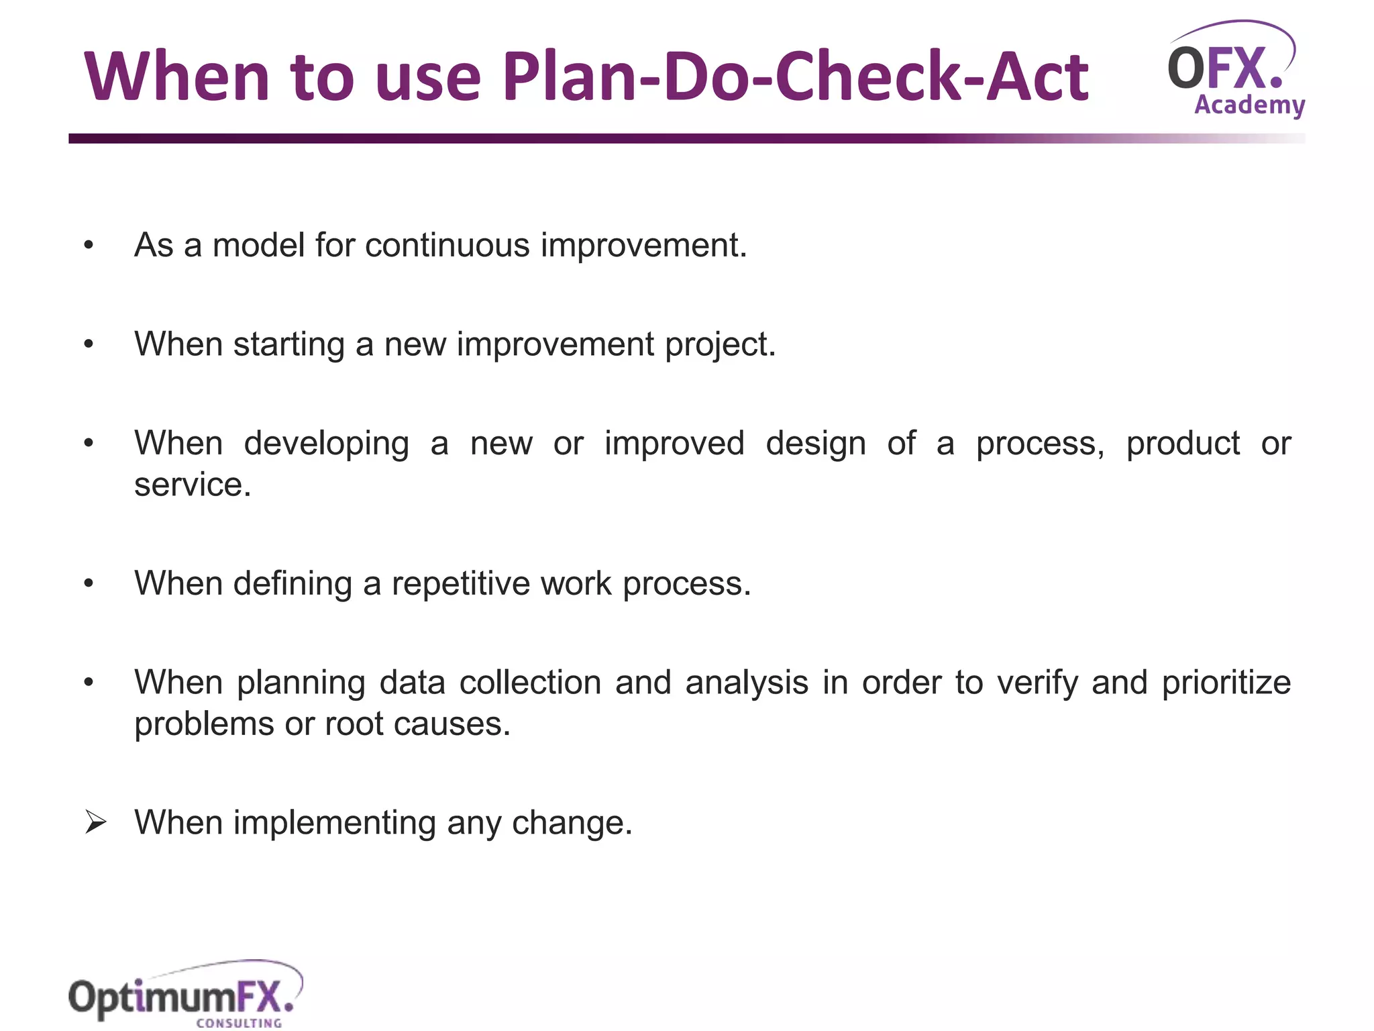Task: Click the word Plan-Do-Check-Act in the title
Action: (795, 77)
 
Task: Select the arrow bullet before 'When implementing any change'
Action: (95, 822)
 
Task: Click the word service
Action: (192, 485)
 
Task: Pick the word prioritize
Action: (1226, 683)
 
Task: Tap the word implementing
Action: (334, 823)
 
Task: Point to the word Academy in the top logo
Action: (1249, 105)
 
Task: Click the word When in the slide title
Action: (176, 77)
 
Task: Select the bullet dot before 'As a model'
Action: (89, 246)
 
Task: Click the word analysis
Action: (746, 683)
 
